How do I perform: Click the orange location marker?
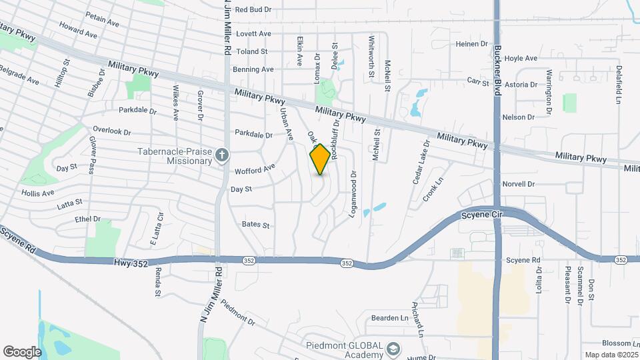(321, 159)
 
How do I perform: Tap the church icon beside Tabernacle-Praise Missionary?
(223, 155)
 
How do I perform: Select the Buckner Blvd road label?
(497, 70)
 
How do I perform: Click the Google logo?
(22, 351)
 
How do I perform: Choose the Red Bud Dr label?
(253, 9)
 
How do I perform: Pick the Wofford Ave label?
(255, 170)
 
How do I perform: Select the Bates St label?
(255, 225)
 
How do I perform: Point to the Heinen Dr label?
(472, 44)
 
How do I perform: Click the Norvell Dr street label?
(519, 184)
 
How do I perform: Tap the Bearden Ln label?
(390, 318)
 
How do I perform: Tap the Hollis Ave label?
(37, 193)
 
